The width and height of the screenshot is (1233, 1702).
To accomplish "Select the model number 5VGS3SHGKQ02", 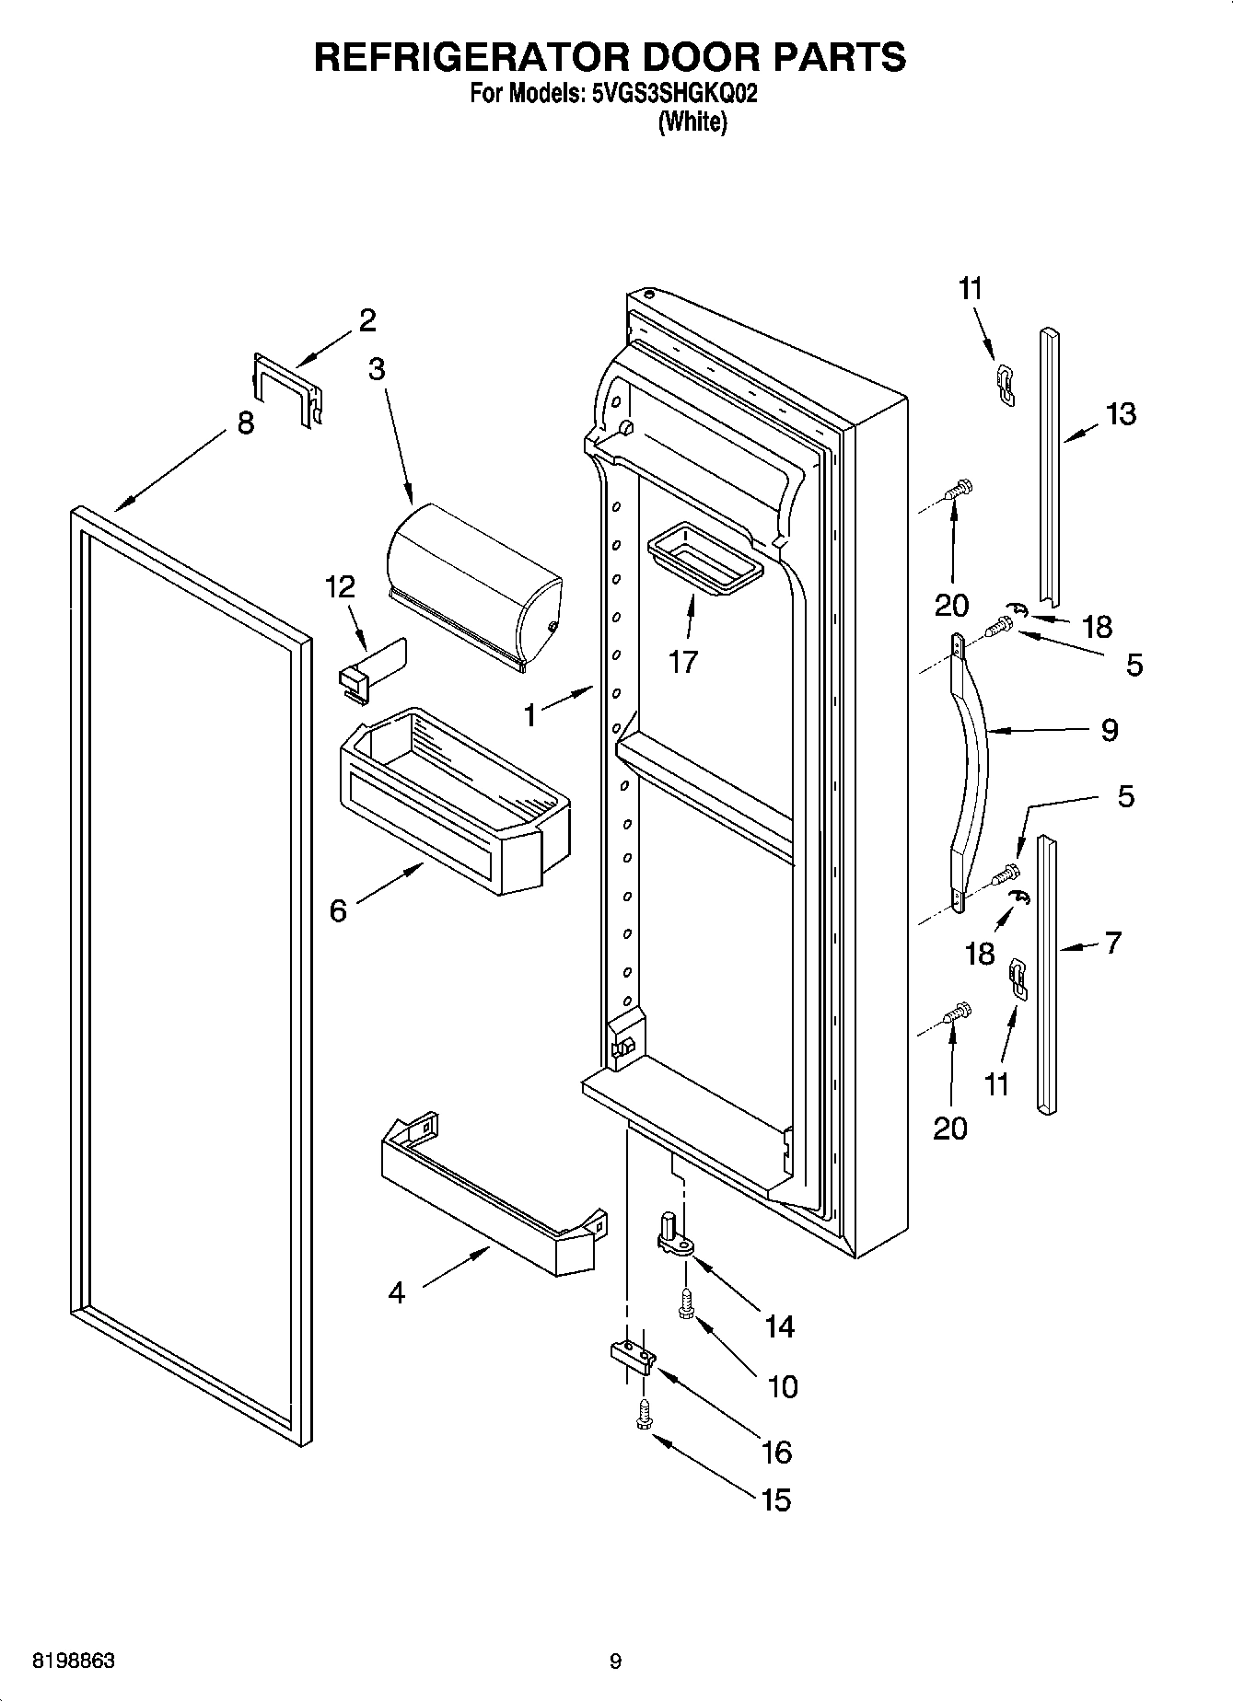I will pos(670,94).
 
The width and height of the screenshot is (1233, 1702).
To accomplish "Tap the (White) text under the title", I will pos(692,122).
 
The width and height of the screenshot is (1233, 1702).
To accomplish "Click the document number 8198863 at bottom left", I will pos(74,1661).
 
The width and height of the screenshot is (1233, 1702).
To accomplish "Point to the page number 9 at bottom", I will pos(615,1661).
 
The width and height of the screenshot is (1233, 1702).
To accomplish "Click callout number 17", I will pos(682,661).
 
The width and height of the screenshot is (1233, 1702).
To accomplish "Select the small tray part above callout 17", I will pos(705,559).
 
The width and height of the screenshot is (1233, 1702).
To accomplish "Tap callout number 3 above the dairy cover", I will pos(376,369).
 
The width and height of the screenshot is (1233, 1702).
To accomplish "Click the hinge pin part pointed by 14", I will pos(675,1233).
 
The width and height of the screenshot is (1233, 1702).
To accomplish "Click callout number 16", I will pos(777,1452).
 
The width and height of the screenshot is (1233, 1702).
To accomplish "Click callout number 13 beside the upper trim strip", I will pos(1121,414).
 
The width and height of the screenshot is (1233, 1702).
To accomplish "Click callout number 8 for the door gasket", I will pos(245,424).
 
